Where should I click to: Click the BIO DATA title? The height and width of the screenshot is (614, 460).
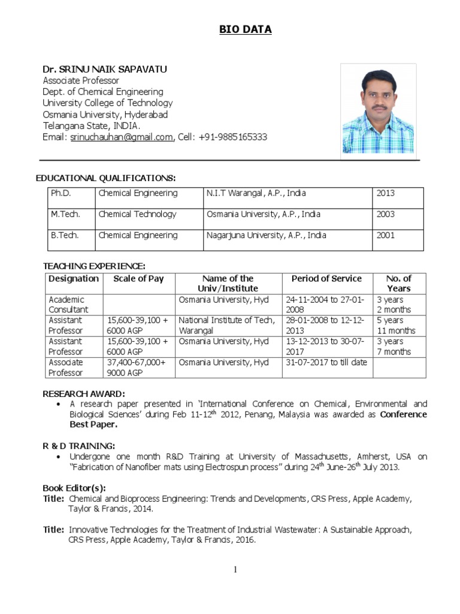244,29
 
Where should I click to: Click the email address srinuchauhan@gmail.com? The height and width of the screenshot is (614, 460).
122,137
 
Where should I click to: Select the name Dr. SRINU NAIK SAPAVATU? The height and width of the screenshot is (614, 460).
105,70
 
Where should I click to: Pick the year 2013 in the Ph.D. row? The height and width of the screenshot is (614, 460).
386,193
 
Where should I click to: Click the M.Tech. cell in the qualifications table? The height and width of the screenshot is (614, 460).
65,214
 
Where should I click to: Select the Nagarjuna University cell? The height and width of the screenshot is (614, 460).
266,235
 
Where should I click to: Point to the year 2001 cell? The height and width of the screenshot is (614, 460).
386,235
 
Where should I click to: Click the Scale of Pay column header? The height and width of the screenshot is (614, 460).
138,278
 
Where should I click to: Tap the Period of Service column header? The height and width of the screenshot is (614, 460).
326,278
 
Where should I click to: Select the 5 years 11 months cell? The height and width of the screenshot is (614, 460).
396,326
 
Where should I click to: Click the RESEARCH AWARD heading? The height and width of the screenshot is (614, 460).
84,393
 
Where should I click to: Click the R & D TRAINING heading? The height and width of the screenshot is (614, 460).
79,446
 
